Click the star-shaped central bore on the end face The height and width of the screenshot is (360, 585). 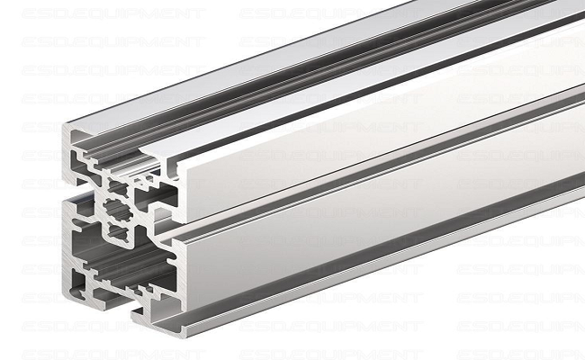click(114, 212)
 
